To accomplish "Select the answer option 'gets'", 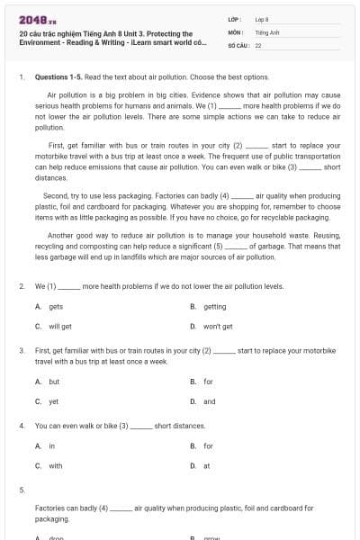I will (x=56, y=306).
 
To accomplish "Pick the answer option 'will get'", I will (x=60, y=326).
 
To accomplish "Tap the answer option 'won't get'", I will (x=218, y=326).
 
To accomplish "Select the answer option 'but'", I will (x=54, y=382).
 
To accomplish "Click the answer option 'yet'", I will (x=54, y=401).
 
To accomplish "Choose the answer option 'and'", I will (x=210, y=401).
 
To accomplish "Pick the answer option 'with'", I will (x=56, y=465).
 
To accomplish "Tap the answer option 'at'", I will (x=207, y=465).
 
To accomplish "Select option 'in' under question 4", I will (x=52, y=445).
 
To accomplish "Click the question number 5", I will (x=22, y=490).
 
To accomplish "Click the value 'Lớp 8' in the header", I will (x=262, y=18).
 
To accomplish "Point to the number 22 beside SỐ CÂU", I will (x=258, y=44).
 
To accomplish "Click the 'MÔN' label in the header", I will (x=236, y=31).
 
